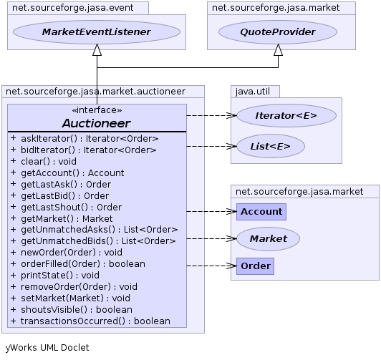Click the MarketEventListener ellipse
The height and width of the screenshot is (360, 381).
(97, 32)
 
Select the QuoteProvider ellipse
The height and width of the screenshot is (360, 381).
(278, 32)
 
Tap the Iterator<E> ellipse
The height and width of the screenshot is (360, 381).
(286, 115)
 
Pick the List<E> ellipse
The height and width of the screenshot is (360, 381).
(271, 147)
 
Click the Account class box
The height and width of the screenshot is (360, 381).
(261, 212)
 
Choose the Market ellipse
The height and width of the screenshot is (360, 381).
(269, 239)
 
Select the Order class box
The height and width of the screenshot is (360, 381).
(255, 266)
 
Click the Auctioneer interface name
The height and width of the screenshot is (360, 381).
(97, 123)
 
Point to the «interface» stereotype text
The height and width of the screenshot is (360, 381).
(97, 110)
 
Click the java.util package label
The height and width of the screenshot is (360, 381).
(253, 92)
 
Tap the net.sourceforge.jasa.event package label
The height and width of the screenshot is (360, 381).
(72, 8)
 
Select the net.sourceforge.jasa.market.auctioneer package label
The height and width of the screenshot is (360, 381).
(95, 92)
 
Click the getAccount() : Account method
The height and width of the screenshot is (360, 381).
(72, 172)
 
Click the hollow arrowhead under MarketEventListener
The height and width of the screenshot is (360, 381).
(97, 50)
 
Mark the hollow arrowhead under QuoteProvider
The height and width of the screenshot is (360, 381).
(278, 50)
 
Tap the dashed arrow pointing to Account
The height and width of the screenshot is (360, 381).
(211, 211)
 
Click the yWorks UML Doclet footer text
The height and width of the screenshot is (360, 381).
(47, 348)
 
